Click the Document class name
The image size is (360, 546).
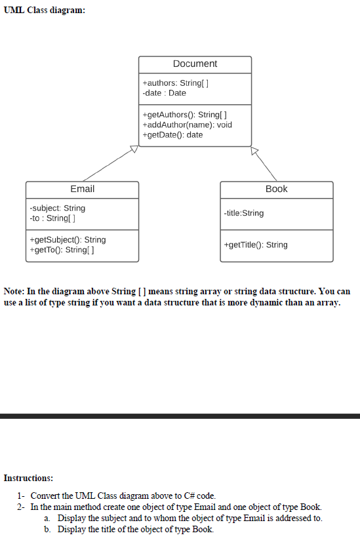click(x=195, y=64)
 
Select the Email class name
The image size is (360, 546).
click(x=82, y=189)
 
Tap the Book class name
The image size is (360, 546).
click(x=276, y=189)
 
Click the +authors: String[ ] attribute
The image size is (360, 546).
click(x=175, y=83)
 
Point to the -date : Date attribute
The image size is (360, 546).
click(x=164, y=93)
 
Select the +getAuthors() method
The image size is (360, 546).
click(x=175, y=114)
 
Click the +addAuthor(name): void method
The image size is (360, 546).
click(x=187, y=125)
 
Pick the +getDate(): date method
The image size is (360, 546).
click(x=172, y=135)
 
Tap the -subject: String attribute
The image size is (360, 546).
click(x=58, y=208)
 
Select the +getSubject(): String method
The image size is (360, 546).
click(x=68, y=240)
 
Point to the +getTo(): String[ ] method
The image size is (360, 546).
click(x=64, y=250)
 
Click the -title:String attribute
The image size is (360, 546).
click(x=244, y=213)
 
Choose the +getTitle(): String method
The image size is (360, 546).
click(x=255, y=244)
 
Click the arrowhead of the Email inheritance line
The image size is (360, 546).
click(x=133, y=150)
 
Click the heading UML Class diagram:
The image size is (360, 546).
click(x=44, y=10)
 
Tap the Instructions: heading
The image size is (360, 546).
click(x=28, y=478)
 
